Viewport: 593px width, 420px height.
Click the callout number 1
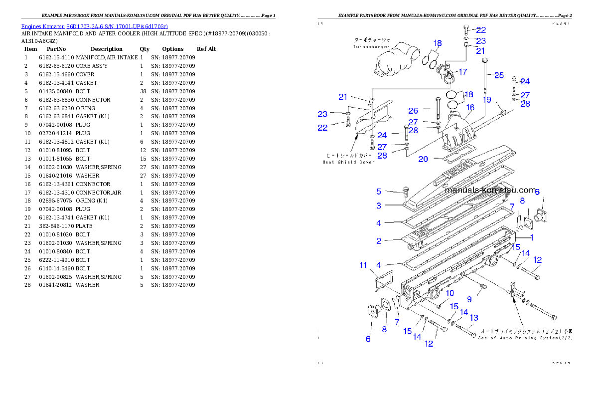(x=532, y=237)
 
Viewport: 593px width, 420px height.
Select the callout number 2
(x=379, y=241)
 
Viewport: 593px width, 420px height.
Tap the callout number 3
(x=379, y=206)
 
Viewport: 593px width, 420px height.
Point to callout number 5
(x=379, y=192)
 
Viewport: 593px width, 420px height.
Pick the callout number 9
(x=469, y=299)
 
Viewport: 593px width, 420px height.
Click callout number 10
(x=449, y=293)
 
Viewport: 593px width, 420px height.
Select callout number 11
(x=364, y=265)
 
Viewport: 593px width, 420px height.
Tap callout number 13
(x=473, y=318)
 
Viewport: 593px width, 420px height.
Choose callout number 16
(x=470, y=107)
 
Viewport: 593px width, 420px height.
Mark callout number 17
(x=462, y=72)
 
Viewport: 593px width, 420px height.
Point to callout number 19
(x=487, y=100)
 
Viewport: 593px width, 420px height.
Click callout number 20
(x=423, y=159)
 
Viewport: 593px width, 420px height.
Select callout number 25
(x=499, y=75)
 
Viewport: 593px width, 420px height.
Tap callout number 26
(x=413, y=111)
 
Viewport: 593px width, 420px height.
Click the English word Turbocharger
(x=371, y=46)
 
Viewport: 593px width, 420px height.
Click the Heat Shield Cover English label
(x=348, y=162)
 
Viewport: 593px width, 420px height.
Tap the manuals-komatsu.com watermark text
(x=490, y=191)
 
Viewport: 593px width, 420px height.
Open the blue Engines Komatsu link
(x=94, y=26)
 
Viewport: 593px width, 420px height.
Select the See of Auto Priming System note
(x=525, y=338)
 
